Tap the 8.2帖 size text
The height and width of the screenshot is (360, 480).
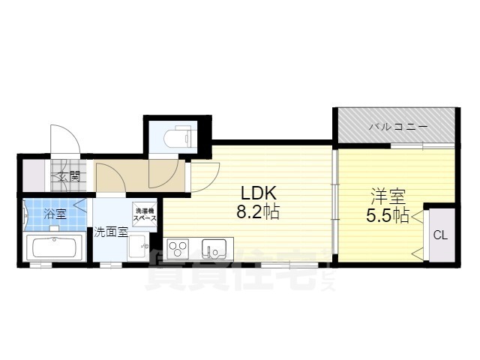[257, 212]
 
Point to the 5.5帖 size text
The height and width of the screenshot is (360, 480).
[388, 217]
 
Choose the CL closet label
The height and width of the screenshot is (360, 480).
[440, 235]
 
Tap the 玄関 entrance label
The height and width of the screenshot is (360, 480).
[69, 177]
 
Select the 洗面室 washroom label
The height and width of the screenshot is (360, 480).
[109, 232]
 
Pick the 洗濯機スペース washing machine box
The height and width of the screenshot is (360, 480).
[145, 213]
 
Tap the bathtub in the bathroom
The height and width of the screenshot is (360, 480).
[53, 247]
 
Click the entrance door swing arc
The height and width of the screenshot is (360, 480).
[63, 139]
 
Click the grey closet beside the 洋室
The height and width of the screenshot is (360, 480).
[440, 234]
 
